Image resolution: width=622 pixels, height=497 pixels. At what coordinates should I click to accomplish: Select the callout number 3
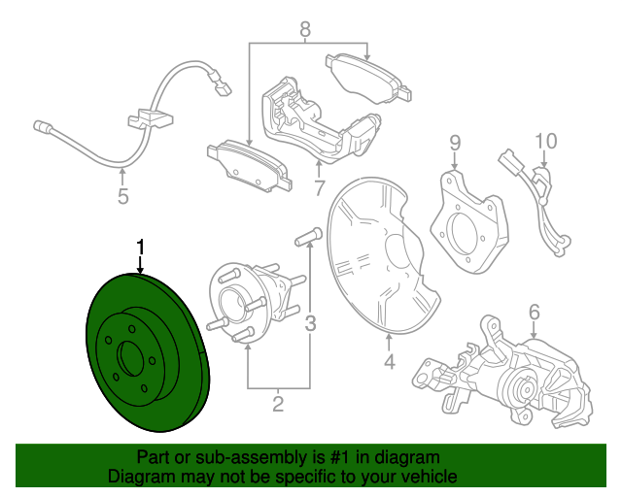311,323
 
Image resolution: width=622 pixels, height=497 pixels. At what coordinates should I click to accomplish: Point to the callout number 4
389,363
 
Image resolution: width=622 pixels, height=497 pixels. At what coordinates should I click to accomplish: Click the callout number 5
122,198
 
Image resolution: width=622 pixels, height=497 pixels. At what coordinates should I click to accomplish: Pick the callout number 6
534,312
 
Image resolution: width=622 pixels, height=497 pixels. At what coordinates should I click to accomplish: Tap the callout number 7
319,186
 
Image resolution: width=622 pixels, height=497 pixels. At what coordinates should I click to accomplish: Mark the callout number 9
454,145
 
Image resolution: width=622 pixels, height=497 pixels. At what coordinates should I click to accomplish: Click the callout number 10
544,141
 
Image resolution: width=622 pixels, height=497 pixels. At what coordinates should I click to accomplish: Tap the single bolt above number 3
306,235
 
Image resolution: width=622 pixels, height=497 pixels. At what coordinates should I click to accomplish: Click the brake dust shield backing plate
374,252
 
